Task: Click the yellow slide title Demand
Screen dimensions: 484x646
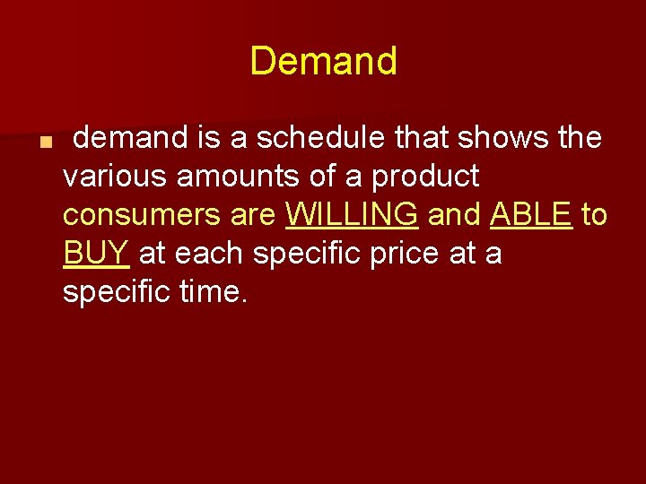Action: pyautogui.click(x=323, y=61)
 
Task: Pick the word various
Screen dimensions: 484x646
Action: pyautogui.click(x=115, y=177)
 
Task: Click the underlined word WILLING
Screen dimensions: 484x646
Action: pyautogui.click(x=351, y=215)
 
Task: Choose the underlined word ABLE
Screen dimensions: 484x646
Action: pyautogui.click(x=531, y=215)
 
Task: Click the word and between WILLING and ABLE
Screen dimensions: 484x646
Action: pyautogui.click(x=455, y=215)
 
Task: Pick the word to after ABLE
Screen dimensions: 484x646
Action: pyautogui.click(x=595, y=215)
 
